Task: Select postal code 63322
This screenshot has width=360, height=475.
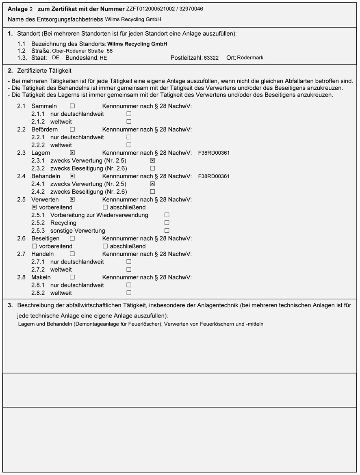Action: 211,58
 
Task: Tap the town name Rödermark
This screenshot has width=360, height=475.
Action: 250,58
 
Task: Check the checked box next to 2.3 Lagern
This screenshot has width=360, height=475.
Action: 72,153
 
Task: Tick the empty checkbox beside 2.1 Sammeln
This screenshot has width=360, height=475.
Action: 72,106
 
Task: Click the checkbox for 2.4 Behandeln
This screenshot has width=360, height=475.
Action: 72,177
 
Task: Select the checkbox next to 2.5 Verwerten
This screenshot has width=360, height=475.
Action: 72,200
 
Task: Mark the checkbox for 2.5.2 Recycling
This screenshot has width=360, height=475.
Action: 167,223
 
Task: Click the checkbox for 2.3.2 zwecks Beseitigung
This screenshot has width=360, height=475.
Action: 152,168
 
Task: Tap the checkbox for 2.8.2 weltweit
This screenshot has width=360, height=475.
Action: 129,293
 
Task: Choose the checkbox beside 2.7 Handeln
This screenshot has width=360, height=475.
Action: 72,254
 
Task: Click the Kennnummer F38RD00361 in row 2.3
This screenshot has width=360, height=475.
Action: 214,153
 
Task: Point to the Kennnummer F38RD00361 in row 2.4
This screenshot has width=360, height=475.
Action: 214,177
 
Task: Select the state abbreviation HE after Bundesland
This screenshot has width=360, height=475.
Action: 103,58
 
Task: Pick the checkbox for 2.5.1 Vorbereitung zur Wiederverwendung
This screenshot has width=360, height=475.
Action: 167,215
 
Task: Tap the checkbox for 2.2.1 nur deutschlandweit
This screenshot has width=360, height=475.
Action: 129,137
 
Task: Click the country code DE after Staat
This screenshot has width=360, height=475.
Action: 56,58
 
